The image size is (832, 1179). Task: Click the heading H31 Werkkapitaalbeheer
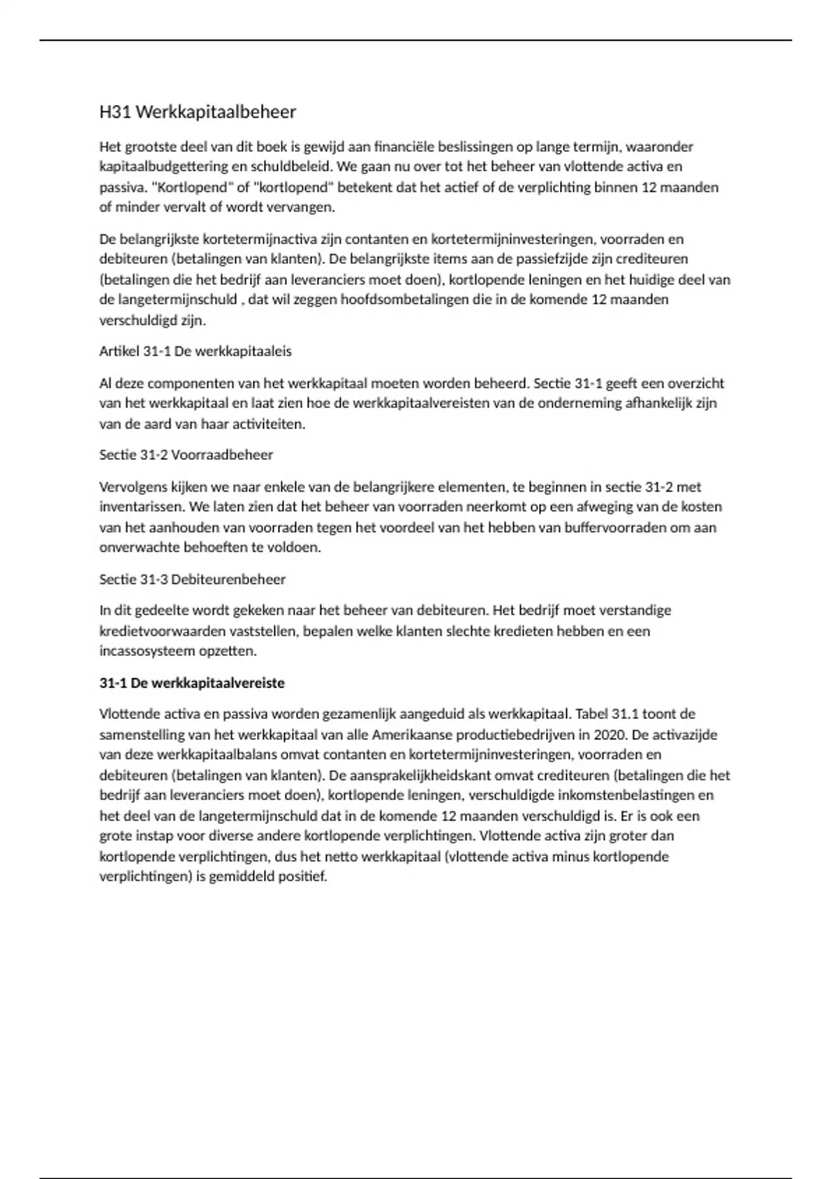198,112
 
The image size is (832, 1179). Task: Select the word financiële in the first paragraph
404,146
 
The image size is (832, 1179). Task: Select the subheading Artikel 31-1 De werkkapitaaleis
196,351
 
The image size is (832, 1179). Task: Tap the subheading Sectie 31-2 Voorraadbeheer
186,455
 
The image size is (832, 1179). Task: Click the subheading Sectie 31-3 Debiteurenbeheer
192,579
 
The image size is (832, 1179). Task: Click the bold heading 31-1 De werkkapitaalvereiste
192,683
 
